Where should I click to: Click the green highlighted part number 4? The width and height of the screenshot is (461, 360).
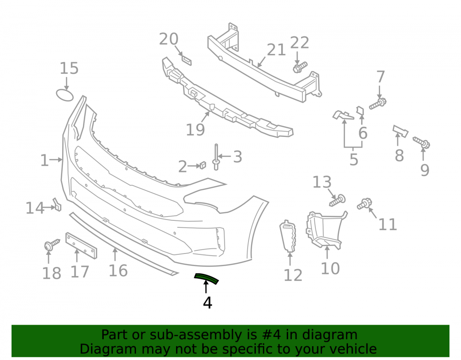(207, 278)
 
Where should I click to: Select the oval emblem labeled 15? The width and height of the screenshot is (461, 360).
(65, 95)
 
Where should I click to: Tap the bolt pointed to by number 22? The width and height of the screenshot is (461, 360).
(300, 67)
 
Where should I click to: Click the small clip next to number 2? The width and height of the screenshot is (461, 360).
(202, 165)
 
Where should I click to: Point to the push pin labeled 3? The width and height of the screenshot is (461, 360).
(216, 157)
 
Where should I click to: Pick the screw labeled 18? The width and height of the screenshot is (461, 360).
(52, 245)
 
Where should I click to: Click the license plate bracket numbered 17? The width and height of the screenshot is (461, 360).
(81, 245)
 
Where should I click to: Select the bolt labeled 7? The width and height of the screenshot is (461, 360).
(378, 104)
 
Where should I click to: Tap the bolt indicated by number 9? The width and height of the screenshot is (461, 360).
(422, 142)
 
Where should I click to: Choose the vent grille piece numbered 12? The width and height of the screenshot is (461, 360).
(288, 236)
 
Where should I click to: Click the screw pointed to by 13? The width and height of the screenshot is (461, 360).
(337, 201)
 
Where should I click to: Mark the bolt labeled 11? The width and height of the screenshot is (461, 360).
(365, 204)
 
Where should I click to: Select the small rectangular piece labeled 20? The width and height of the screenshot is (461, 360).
(186, 59)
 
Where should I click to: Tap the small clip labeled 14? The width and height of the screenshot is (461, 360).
(57, 205)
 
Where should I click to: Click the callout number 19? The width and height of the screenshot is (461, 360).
(195, 130)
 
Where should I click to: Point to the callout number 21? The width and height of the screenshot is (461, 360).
(276, 50)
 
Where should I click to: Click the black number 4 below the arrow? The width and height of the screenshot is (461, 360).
(207, 302)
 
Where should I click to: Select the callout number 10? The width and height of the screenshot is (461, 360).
(330, 268)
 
